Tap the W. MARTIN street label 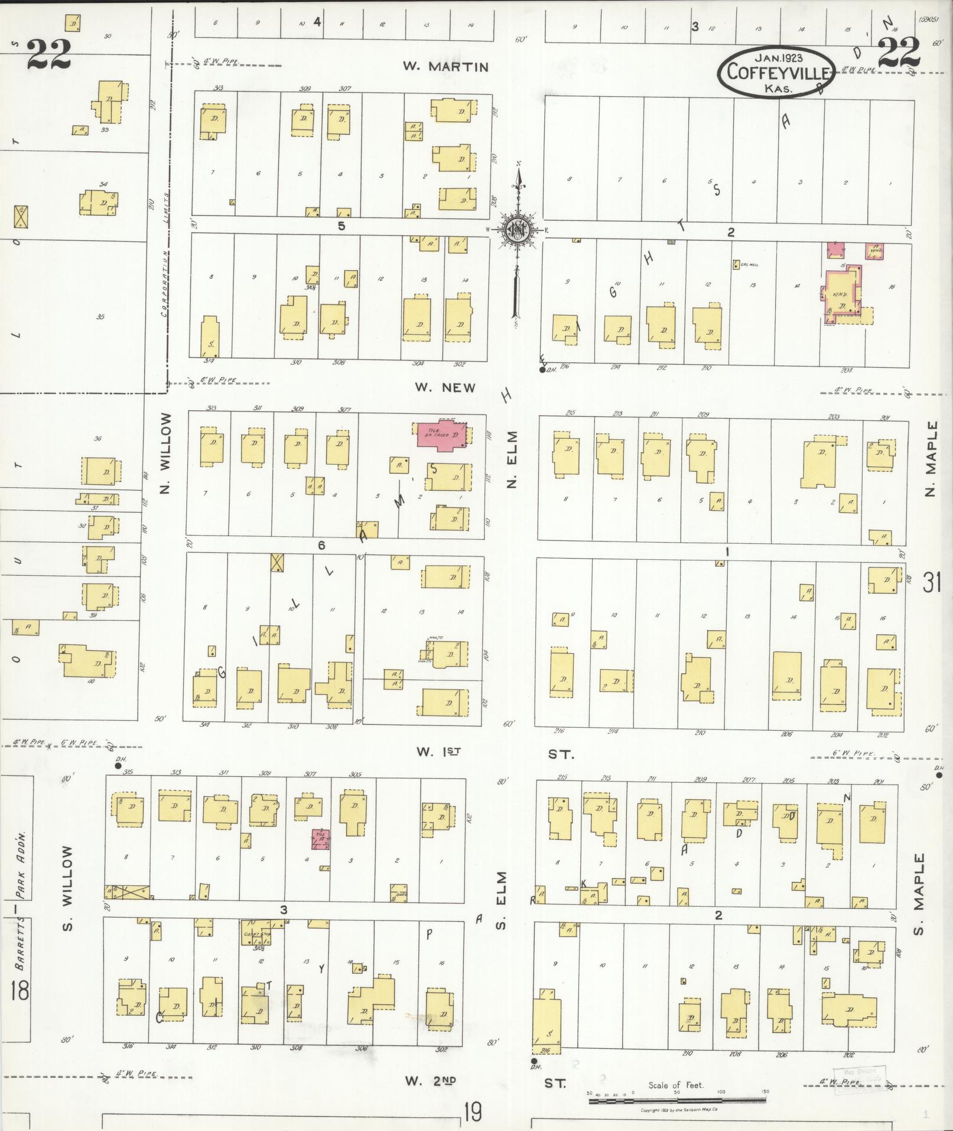(x=445, y=67)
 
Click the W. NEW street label (x=445, y=388)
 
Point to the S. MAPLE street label (x=918, y=890)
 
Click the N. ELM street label (x=512, y=459)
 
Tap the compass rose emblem (x=518, y=230)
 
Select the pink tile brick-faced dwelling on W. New (x=443, y=436)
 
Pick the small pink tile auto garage (x=321, y=840)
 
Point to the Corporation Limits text (x=165, y=254)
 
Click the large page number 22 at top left (x=48, y=54)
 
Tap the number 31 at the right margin (x=932, y=584)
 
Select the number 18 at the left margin (x=19, y=990)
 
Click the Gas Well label (x=748, y=265)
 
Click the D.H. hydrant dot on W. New (x=542, y=371)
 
